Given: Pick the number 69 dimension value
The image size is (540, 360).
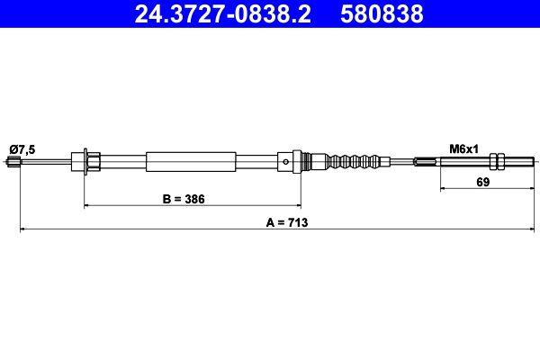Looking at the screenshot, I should pos(482,182).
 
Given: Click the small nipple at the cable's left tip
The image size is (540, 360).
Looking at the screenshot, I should pos(13,162).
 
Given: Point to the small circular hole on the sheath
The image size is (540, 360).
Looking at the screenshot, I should pos(284,163).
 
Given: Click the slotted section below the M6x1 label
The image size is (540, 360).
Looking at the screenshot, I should pos(428,162).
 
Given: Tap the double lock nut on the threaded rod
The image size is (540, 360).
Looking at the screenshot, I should pos(496,162).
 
